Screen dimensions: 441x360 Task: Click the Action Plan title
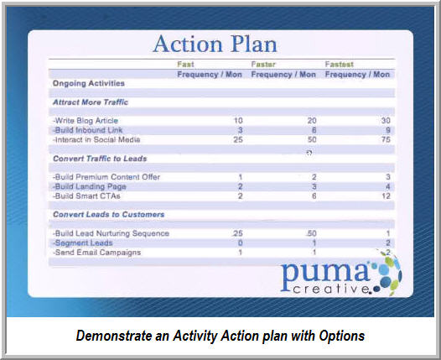point(215,44)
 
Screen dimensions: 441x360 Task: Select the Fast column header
point(185,64)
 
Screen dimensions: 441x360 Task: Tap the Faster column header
point(263,64)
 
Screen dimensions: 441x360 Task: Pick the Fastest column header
point(340,64)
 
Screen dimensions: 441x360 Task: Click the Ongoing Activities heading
point(89,84)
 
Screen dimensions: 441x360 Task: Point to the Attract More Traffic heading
point(91,102)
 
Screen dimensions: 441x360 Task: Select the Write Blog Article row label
point(86,121)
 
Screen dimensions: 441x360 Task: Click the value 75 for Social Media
point(386,139)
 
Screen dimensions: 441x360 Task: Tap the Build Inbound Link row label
point(87,130)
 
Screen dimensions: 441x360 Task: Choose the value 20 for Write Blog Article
point(312,121)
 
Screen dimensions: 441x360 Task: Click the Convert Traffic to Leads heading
point(100,159)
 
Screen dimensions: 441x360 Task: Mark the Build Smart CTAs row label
point(86,196)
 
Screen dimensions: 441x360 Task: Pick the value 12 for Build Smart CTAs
point(387,196)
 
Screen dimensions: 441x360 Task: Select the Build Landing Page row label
point(90,186)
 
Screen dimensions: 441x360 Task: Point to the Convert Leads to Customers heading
point(108,215)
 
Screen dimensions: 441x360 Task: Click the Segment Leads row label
point(83,243)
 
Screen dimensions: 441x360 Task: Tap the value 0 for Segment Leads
point(240,243)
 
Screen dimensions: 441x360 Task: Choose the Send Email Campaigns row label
point(96,253)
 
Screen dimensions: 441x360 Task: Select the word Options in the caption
point(342,336)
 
